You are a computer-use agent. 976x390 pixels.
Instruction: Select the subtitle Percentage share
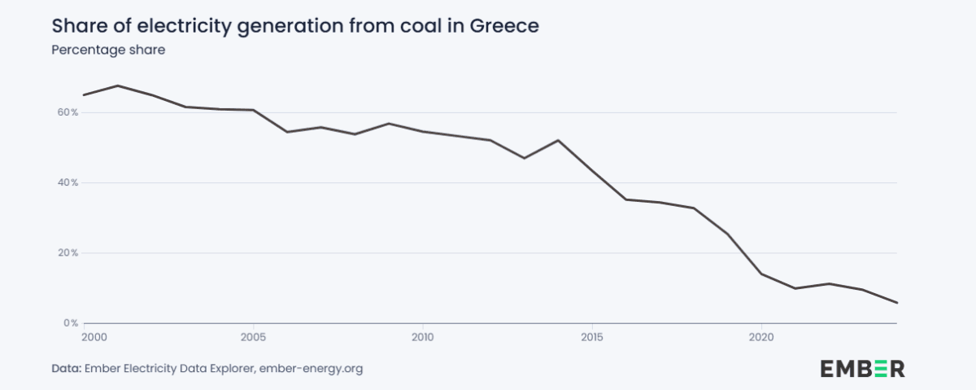pyautogui.click(x=108, y=50)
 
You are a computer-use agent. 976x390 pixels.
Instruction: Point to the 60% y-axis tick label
pyautogui.click(x=68, y=112)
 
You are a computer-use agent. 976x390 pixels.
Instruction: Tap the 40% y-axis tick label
pyautogui.click(x=68, y=182)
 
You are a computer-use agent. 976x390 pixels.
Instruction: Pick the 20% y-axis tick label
pyautogui.click(x=68, y=252)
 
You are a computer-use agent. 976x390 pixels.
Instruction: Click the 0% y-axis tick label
pyautogui.click(x=71, y=323)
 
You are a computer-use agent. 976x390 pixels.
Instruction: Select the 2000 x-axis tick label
pyautogui.click(x=94, y=335)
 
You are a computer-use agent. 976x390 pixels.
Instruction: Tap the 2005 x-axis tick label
pyautogui.click(x=254, y=335)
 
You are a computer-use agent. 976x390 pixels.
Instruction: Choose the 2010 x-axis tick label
pyautogui.click(x=423, y=335)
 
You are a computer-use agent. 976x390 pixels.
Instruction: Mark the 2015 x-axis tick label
pyautogui.click(x=592, y=335)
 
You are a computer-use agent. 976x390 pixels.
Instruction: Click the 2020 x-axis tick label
pyautogui.click(x=761, y=335)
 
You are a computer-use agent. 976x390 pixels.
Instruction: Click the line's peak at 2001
pyautogui.click(x=118, y=85)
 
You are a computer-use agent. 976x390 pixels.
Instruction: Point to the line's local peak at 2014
pyautogui.click(x=558, y=140)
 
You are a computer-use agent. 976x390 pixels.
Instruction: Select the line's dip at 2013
pyautogui.click(x=524, y=158)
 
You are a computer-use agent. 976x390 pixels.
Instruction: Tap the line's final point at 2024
pyautogui.click(x=896, y=303)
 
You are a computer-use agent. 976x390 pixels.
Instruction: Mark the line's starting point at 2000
pyautogui.click(x=84, y=95)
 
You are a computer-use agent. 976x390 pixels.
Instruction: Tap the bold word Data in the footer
pyautogui.click(x=66, y=369)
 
